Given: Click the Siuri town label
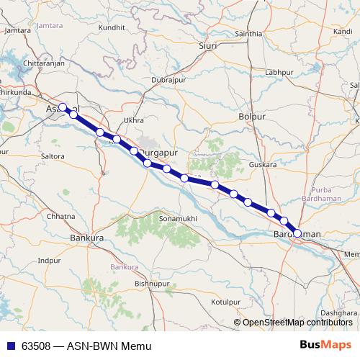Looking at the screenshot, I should click(207, 45).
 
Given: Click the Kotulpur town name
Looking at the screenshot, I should click(225, 302).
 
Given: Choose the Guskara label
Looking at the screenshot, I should click(262, 165).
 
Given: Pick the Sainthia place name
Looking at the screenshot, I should click(249, 34).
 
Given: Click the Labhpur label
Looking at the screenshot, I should click(279, 73).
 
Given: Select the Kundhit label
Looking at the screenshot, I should click(112, 27).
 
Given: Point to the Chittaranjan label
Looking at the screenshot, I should click(24, 64).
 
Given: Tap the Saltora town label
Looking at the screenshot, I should click(53, 156).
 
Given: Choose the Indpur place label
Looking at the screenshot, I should click(50, 260).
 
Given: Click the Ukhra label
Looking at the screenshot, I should click(134, 120).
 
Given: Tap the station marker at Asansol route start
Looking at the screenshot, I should click(63, 107).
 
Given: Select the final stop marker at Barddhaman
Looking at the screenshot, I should click(297, 233).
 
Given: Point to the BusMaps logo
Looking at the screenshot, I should click(325, 345).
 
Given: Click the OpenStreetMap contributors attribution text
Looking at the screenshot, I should click(298, 323).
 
